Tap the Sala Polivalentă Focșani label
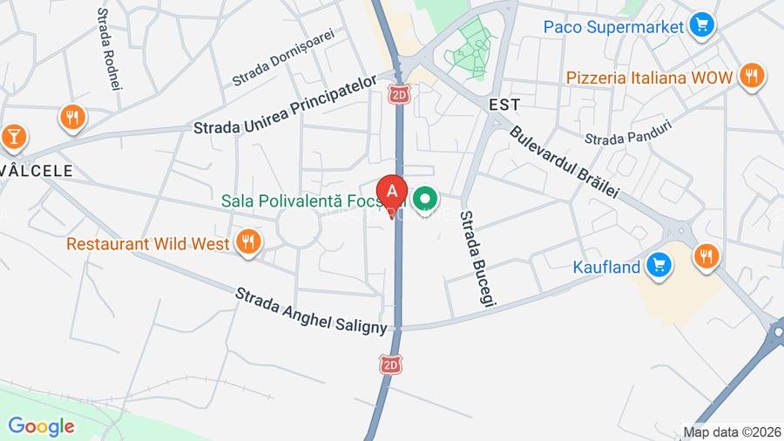point(314,200)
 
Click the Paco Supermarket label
point(612,26)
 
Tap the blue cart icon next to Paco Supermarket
point(701,24)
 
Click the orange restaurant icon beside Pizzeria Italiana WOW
point(752,76)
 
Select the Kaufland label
point(606,267)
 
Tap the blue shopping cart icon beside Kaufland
point(659,261)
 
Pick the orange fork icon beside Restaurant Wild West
point(248,242)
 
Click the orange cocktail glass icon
point(13,136)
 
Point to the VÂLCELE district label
point(36,171)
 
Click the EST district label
point(504,105)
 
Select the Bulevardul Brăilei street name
point(564,160)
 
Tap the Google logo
point(41,426)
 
